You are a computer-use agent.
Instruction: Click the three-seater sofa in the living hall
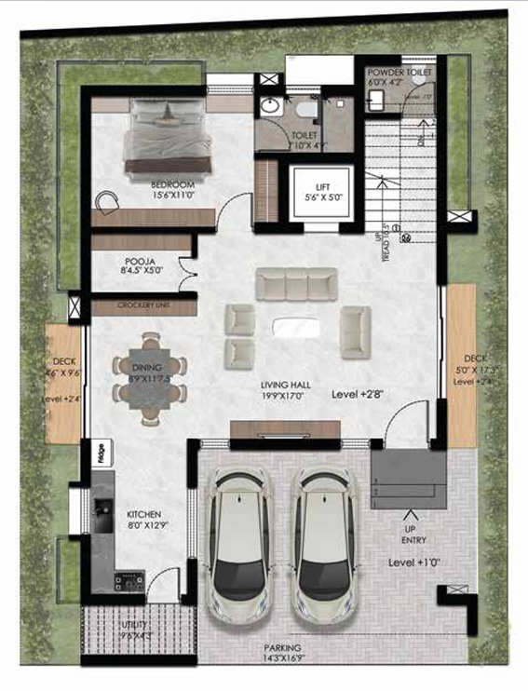click(296, 283)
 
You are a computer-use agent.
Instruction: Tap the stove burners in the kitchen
click(128, 583)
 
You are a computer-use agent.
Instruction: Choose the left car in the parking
click(238, 546)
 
